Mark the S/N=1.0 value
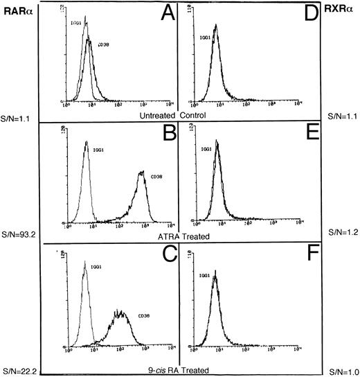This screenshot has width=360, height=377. pyautogui.click(x=340, y=371)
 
